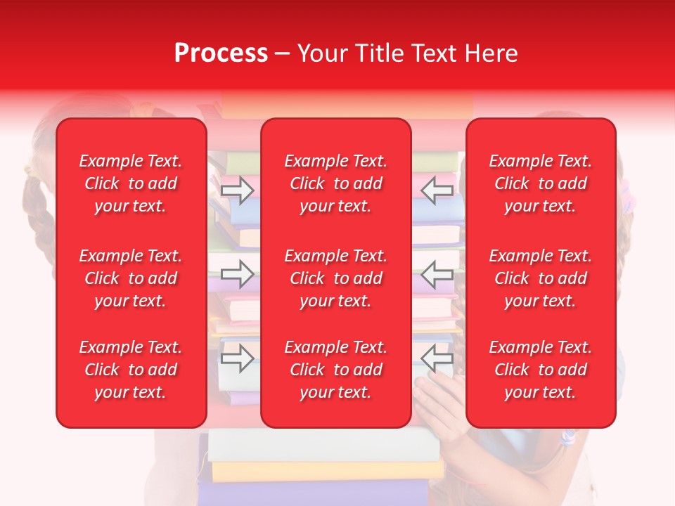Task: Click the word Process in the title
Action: (221, 53)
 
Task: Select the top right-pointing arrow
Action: (237, 190)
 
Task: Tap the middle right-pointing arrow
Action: (237, 274)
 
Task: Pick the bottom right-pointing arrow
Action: (237, 359)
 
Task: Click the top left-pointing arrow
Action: (437, 190)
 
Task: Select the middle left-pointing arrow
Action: (437, 274)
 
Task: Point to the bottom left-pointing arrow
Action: (437, 359)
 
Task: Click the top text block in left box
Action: (131, 183)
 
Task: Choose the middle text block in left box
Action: (131, 278)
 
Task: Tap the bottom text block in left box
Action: (131, 370)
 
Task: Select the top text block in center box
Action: (335, 183)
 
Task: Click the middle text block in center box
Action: (335, 278)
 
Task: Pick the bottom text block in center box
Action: (335, 370)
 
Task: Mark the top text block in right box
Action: (540, 183)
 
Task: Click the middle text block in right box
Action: (540, 278)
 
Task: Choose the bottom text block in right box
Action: (540, 370)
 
